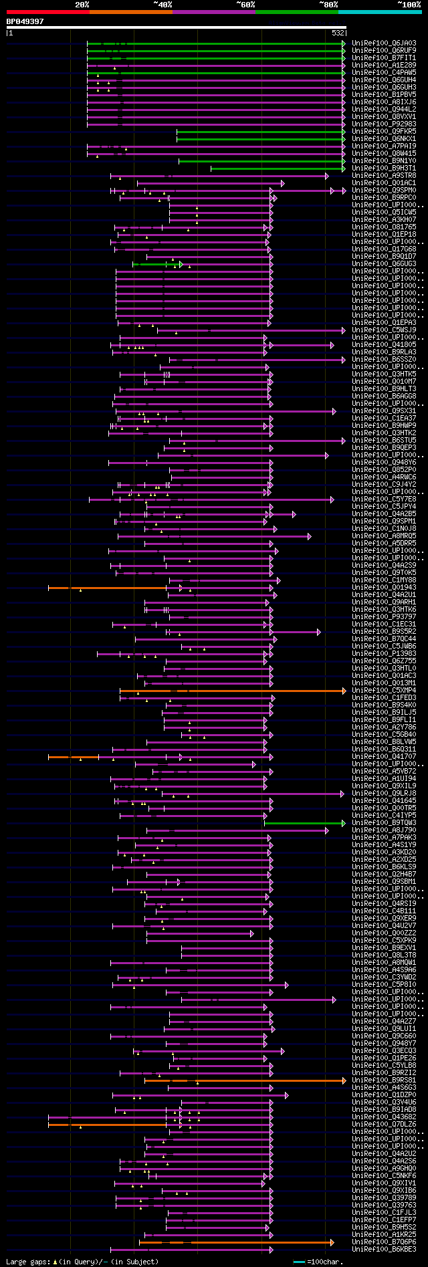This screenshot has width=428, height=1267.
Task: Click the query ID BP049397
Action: point(25,21)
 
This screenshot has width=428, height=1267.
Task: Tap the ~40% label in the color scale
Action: point(163,5)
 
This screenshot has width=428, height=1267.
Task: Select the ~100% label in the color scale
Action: point(409,5)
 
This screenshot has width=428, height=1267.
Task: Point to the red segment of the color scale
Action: point(47,12)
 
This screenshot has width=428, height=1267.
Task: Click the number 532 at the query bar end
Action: point(338,33)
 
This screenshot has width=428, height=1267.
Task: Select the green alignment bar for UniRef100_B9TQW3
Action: point(304,823)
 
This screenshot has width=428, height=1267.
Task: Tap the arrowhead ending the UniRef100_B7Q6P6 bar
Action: point(332,1242)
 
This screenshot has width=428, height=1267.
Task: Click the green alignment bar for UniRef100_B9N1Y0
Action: point(261,161)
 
